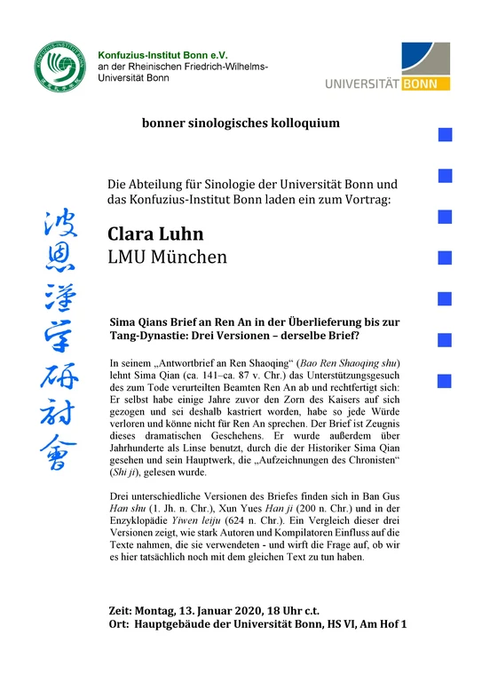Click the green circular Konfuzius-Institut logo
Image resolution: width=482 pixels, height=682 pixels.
pos(64,69)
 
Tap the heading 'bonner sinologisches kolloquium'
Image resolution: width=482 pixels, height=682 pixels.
pos(240,123)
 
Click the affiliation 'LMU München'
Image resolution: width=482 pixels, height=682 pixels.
pos(168,258)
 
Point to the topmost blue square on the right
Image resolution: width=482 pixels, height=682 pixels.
pos(446,135)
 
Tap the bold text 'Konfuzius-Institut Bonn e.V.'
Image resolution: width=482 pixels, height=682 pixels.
pos(163,54)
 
